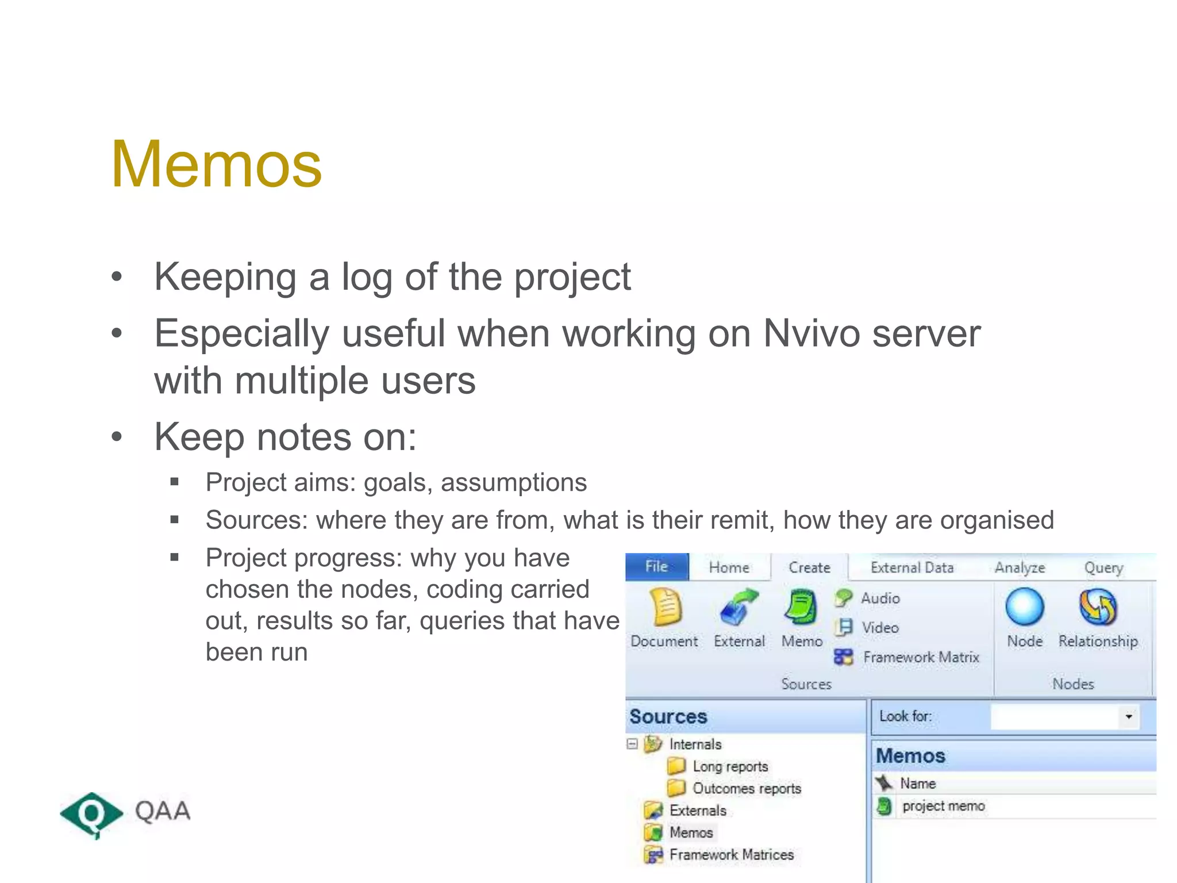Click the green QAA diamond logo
pyautogui.click(x=91, y=813)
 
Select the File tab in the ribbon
pyautogui.click(x=656, y=567)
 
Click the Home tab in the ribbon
pyautogui.click(x=729, y=567)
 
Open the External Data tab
pyautogui.click(x=912, y=567)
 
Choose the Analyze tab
pyautogui.click(x=1020, y=567)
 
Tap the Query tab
pyautogui.click(x=1103, y=567)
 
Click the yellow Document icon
pyautogui.click(x=666, y=607)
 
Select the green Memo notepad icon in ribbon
pyautogui.click(x=801, y=607)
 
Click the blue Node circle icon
pyautogui.click(x=1024, y=607)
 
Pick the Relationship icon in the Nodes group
pyautogui.click(x=1098, y=607)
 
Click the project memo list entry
pyautogui.click(x=943, y=806)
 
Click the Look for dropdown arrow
pyautogui.click(x=1129, y=717)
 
